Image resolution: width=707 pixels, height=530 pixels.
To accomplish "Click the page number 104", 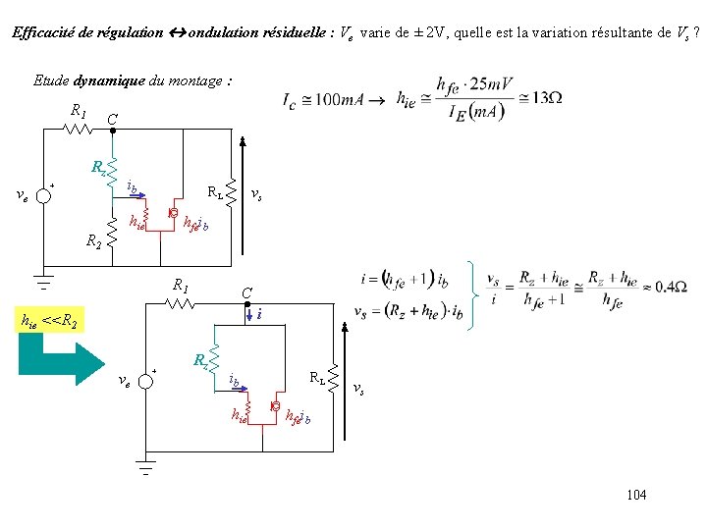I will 636,495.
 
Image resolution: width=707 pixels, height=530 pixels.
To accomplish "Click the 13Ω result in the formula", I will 545,98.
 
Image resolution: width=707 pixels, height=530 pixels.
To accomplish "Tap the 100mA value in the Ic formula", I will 337,99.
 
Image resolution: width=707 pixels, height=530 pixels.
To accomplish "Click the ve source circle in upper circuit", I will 43,194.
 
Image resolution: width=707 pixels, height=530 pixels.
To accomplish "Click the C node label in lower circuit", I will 247,293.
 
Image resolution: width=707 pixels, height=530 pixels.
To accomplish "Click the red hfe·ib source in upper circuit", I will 173,213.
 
